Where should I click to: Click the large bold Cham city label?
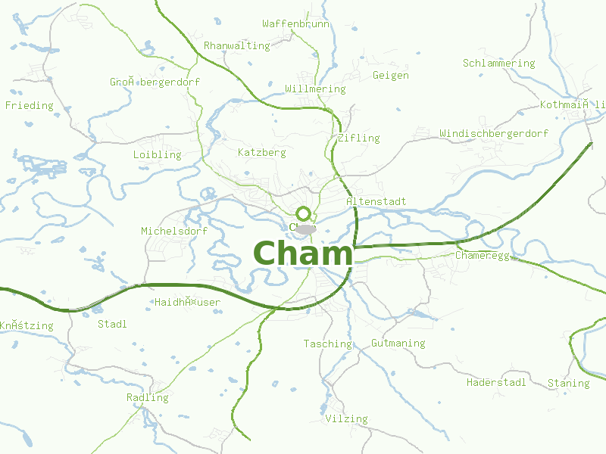coord(303,253)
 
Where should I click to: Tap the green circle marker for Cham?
coord(304,213)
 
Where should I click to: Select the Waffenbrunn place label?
coord(295,24)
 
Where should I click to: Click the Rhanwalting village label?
coord(237,46)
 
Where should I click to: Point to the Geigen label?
coord(391,76)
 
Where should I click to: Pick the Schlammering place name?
coord(498,64)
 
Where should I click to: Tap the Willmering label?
coord(315,89)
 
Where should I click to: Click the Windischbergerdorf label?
coord(494,134)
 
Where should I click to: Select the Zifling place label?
coord(359,138)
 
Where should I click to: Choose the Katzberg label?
coord(261,153)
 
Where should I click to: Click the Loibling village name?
coord(158,155)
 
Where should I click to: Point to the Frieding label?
coord(30,106)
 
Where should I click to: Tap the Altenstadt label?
coord(376,202)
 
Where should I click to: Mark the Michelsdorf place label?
coord(174,231)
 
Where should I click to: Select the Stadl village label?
coord(113,325)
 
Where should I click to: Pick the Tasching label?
coord(327,344)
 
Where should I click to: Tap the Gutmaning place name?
coord(398,344)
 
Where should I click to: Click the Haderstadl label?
coord(496,383)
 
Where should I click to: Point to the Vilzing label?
coord(346,419)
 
